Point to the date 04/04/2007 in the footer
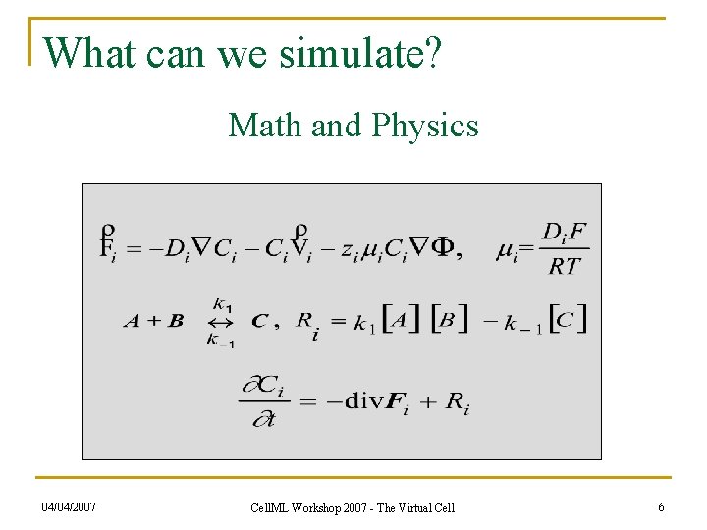(x=70, y=506)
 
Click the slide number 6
(x=661, y=506)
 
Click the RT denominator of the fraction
(x=565, y=265)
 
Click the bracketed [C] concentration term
(x=569, y=319)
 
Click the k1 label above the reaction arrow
(x=221, y=305)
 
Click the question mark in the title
(x=433, y=53)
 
